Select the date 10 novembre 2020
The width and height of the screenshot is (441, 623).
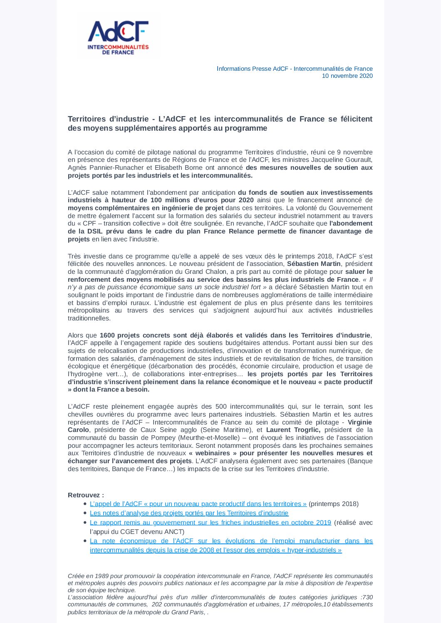click(347, 76)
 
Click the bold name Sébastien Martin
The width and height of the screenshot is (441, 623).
click(314, 264)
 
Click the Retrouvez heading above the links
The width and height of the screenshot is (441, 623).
click(86, 495)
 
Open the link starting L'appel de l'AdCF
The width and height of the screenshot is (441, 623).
click(198, 504)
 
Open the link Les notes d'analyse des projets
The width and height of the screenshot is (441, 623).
click(189, 513)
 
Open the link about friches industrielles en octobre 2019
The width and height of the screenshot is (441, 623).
click(210, 523)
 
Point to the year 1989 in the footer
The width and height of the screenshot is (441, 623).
click(102, 576)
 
